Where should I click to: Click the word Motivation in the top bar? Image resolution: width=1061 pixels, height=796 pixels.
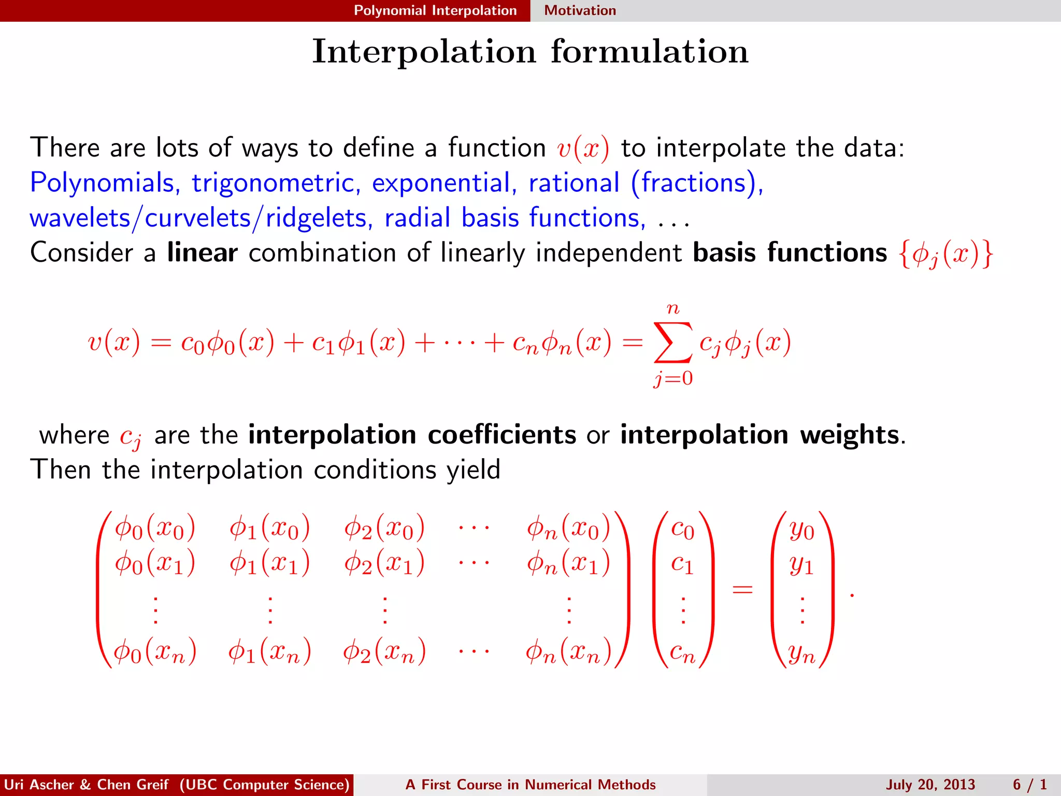tap(580, 10)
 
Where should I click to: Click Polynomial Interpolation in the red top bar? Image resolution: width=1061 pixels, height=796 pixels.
tap(435, 10)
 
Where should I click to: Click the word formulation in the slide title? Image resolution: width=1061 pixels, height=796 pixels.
tap(649, 51)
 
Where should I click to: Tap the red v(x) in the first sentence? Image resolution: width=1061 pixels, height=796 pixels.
tap(583, 148)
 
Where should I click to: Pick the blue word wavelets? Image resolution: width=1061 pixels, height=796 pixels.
tap(80, 218)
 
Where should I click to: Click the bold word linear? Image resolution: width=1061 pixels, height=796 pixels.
tap(202, 252)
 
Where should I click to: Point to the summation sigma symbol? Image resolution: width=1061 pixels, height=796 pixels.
tap(672, 342)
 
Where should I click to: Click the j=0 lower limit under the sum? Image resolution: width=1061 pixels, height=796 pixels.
tap(672, 378)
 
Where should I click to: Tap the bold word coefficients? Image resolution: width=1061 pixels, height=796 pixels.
tap(501, 434)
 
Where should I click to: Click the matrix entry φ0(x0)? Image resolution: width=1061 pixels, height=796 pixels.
tap(155, 528)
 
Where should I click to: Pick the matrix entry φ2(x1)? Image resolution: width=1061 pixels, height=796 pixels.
tap(384, 563)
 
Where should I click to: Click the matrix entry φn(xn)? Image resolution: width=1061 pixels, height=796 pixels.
tap(568, 651)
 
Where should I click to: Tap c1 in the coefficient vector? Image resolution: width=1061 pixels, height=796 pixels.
tap(682, 563)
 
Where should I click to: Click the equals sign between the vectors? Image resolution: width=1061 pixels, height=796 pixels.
tap(742, 589)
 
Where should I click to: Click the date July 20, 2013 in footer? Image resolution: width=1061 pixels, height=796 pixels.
tap(930, 785)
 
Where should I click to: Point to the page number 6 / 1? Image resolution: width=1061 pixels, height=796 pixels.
tap(1029, 785)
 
